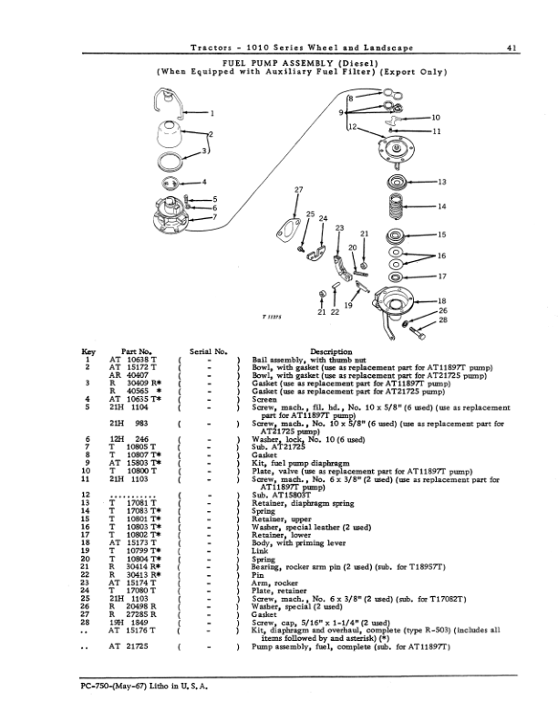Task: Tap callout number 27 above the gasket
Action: tap(298, 189)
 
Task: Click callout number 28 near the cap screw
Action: tap(443, 320)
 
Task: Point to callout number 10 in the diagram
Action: tap(435, 118)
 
